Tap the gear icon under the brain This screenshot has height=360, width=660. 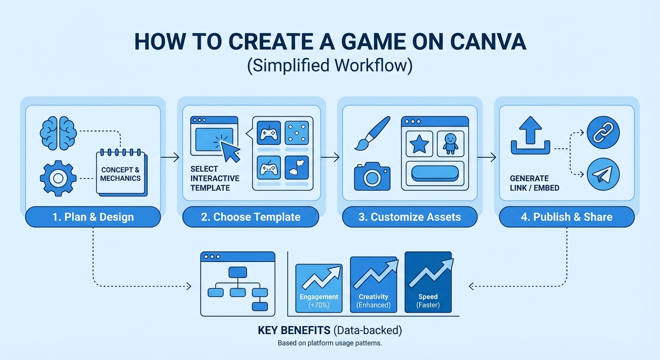[58, 178]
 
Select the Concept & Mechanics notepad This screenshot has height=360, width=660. [121, 173]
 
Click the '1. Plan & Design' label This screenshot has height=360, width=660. [93, 217]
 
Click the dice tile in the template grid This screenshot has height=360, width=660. [296, 133]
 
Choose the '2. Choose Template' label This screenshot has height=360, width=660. [250, 217]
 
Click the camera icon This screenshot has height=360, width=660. [372, 177]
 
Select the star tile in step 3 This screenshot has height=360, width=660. [419, 144]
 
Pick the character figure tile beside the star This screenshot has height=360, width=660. [450, 144]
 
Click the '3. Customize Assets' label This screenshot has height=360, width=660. [410, 217]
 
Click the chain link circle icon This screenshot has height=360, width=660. [603, 133]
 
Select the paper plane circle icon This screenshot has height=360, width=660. [603, 174]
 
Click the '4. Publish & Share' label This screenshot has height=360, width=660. [566, 217]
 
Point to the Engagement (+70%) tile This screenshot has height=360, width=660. [319, 288]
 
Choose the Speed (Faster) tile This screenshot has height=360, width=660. [428, 282]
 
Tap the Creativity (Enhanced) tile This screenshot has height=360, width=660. [374, 285]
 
